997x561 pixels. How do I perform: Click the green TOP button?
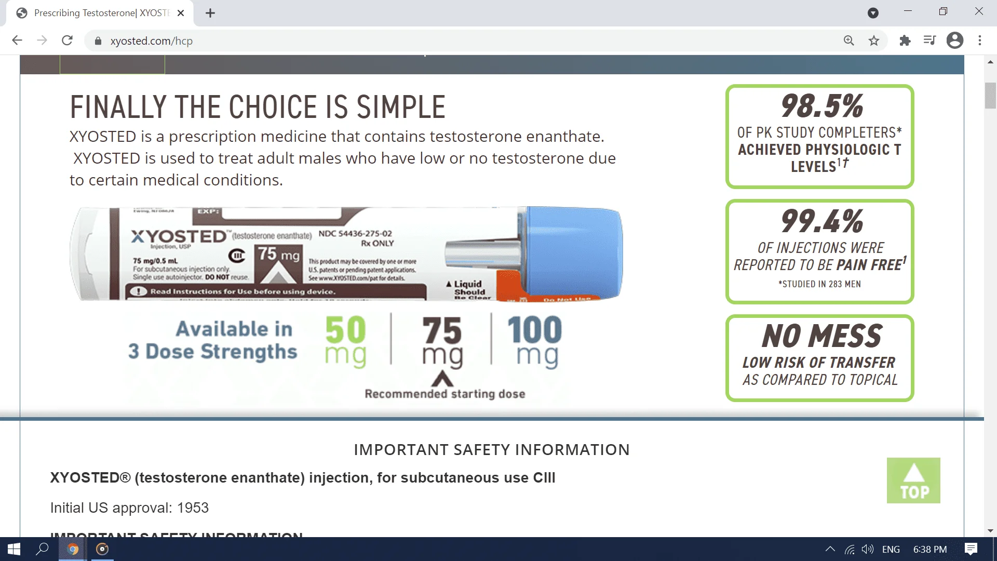pos(913,480)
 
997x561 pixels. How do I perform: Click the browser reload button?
pos(67,41)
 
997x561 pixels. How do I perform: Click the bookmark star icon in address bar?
pos(874,41)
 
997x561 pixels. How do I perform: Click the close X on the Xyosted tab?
pos(181,13)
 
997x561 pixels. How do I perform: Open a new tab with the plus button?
pos(210,13)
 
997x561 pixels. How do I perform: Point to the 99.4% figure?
pos(822,221)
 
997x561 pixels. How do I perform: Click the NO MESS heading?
pos(822,336)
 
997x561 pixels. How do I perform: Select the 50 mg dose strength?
pos(345,341)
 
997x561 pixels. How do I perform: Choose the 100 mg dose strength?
pos(535,341)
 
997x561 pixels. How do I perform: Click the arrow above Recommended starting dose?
pos(442,378)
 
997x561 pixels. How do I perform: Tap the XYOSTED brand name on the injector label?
pos(179,236)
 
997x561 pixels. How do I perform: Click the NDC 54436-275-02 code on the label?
pos(355,234)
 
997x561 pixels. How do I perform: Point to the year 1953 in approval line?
pos(193,507)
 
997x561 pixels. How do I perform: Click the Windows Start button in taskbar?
pos(14,549)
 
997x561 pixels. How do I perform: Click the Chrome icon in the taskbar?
pos(73,549)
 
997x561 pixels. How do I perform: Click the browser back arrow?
pos(17,41)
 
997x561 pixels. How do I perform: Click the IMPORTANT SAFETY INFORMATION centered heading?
pos(492,449)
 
